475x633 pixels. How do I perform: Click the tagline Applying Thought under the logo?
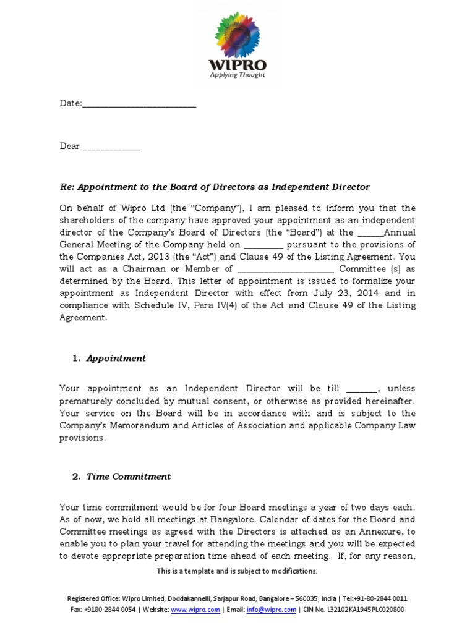[238, 75]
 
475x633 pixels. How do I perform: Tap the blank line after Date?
[139, 104]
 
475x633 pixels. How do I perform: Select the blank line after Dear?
[111, 147]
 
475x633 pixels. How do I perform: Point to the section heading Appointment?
[116, 359]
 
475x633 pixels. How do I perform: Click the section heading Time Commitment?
[129, 477]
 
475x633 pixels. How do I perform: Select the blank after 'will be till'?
[361, 389]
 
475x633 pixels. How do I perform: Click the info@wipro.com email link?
[263, 610]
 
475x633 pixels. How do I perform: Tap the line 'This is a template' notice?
[237, 571]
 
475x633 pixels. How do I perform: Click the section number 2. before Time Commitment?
[77, 477]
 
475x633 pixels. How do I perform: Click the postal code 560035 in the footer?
[305, 598]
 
